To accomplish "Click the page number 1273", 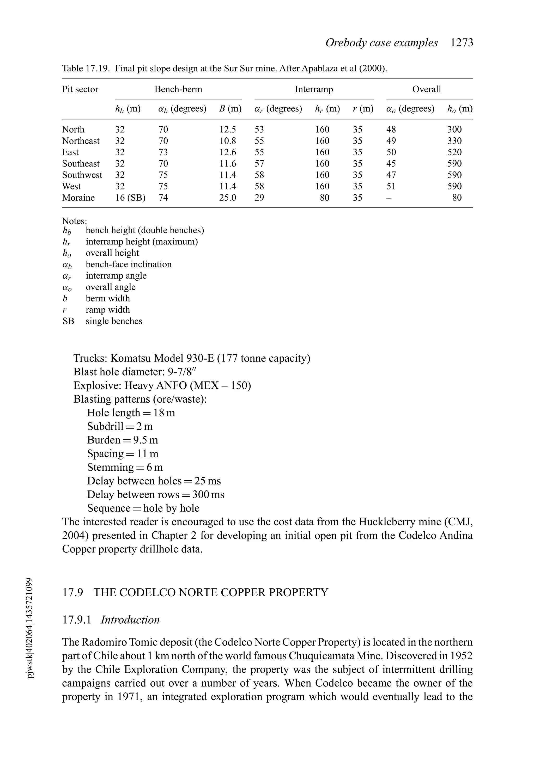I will (x=462, y=43).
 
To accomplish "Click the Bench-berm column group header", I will (x=178, y=89).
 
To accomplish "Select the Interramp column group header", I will (x=314, y=89).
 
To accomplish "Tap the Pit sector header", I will (x=80, y=89).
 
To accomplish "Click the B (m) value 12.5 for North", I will (x=228, y=130).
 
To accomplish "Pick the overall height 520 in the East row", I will (x=454, y=152).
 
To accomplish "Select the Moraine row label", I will (x=78, y=198).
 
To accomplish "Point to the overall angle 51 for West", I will (x=391, y=186).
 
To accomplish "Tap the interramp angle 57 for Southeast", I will (x=259, y=164).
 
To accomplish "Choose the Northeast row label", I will (x=81, y=141).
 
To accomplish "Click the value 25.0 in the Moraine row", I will (x=228, y=198).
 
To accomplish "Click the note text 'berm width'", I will (x=108, y=298).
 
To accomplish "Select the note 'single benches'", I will (x=114, y=321).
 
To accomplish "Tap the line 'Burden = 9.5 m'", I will (x=123, y=440).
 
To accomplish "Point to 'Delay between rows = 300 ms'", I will (x=155, y=494).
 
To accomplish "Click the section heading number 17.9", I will (x=72, y=592).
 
